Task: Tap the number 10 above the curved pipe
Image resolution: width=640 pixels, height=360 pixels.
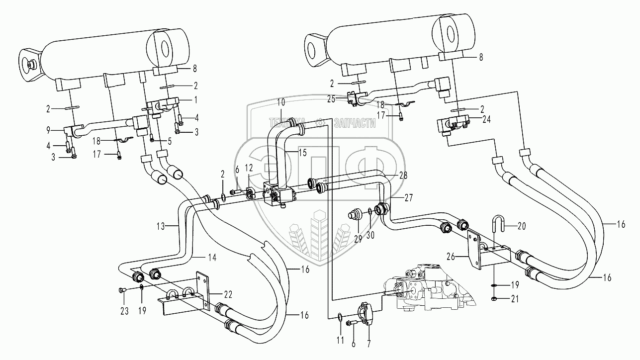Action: coord(281,102)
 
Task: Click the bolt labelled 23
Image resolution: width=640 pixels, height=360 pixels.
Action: coord(122,289)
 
